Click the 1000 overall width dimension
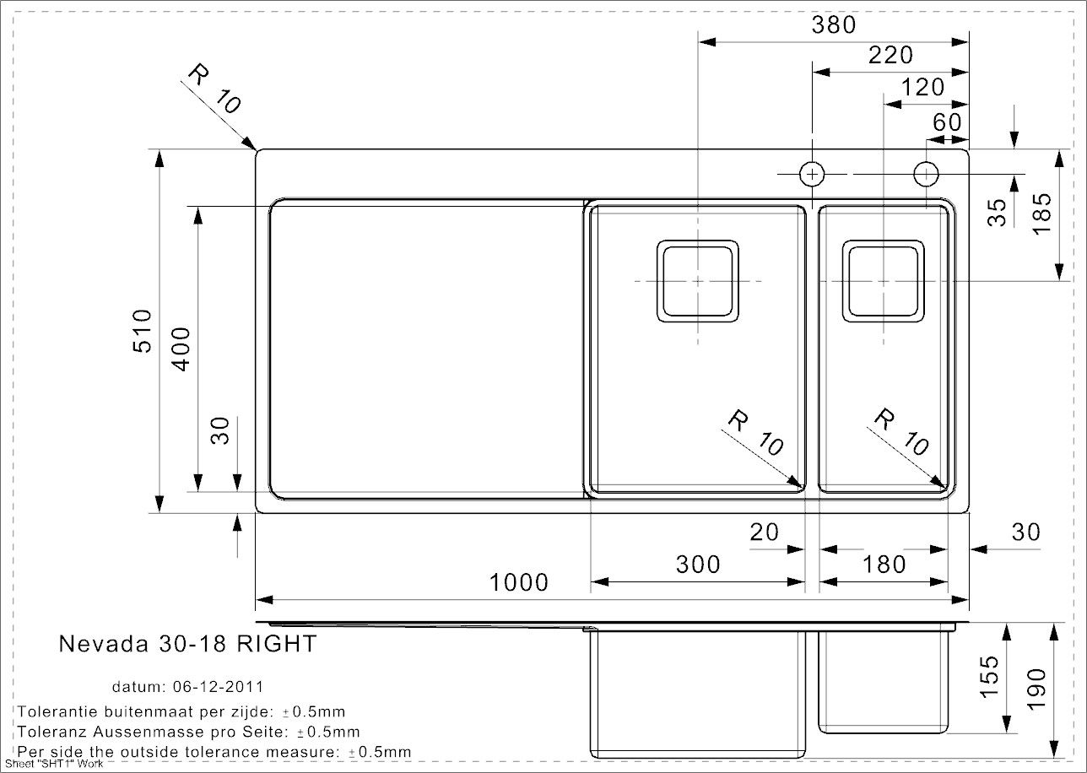coord(519,582)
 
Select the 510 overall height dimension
coord(143,331)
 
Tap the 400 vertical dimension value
coord(181,349)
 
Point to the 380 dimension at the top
coord(834,24)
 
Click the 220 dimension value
coord(890,56)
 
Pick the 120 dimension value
coord(922,88)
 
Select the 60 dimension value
coord(947,122)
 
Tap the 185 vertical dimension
coord(1042,214)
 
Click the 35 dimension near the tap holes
coord(998,213)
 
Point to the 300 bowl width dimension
coord(698,565)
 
